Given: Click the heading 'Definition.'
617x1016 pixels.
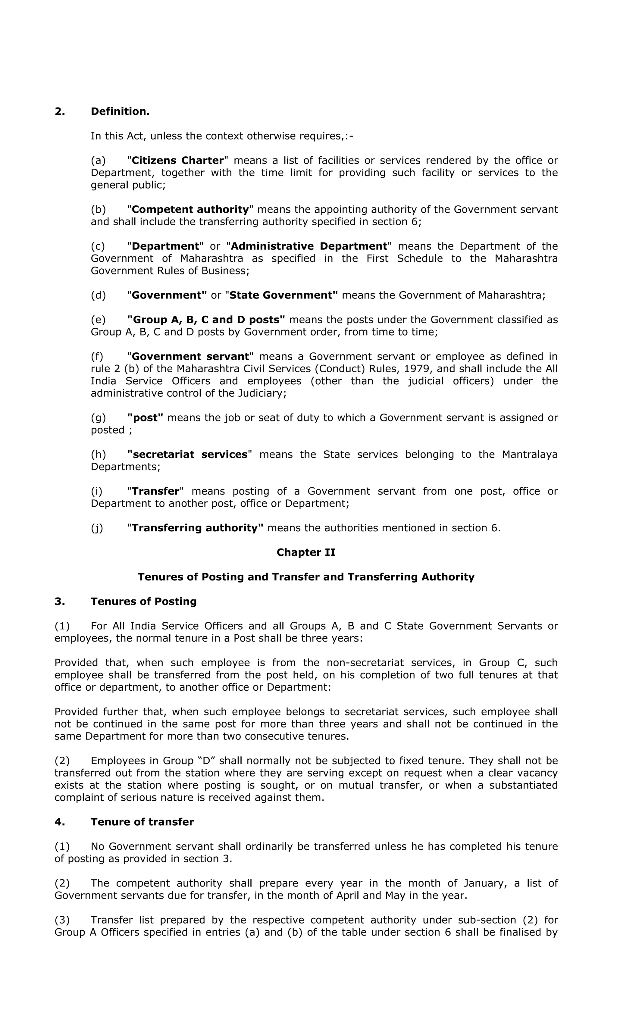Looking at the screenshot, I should click(x=120, y=111).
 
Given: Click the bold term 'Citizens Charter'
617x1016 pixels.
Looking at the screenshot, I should click(x=177, y=161).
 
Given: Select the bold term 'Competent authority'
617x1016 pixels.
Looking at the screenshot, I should click(x=190, y=209).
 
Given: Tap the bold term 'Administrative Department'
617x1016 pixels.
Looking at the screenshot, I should click(x=309, y=246).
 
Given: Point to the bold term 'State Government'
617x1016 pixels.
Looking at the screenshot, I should click(x=283, y=295).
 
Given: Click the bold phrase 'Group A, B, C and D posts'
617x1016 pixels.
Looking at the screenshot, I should click(x=206, y=320).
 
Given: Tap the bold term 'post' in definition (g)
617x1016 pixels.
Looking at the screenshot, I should click(x=145, y=418).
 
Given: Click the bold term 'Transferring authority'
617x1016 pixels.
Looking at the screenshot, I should click(x=197, y=528).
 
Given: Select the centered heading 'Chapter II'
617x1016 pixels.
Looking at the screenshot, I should click(x=306, y=552).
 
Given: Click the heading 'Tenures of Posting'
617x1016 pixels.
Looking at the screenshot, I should click(x=143, y=602).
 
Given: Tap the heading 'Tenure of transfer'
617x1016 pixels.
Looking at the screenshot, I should click(x=142, y=822).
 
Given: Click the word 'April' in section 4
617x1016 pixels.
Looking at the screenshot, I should click(x=348, y=896).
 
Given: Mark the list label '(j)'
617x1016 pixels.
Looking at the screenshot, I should click(x=97, y=528).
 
